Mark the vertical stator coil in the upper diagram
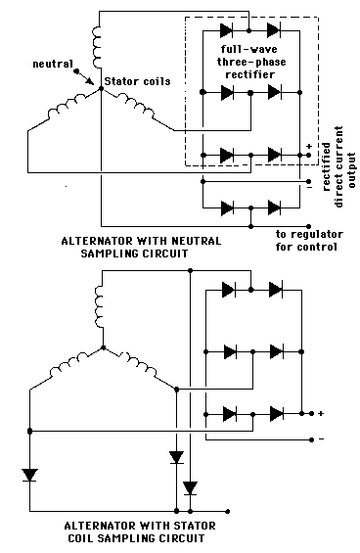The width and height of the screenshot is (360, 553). coord(98,40)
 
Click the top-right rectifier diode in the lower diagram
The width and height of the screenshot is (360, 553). coord(276,290)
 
